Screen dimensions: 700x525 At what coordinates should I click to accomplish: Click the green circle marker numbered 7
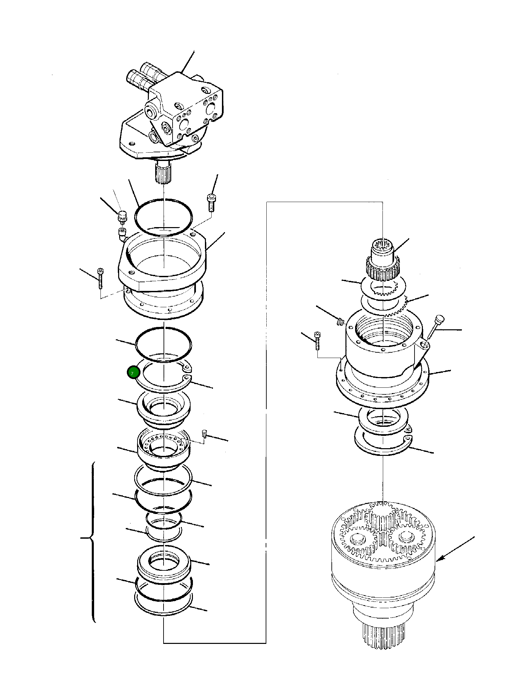pyautogui.click(x=133, y=373)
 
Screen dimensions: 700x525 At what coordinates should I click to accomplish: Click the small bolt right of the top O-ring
pyautogui.click(x=211, y=202)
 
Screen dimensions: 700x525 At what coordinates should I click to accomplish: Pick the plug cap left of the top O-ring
pyautogui.click(x=122, y=216)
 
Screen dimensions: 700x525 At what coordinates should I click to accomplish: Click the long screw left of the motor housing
pyautogui.click(x=100, y=278)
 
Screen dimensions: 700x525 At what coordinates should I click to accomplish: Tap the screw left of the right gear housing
pyautogui.click(x=317, y=340)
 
